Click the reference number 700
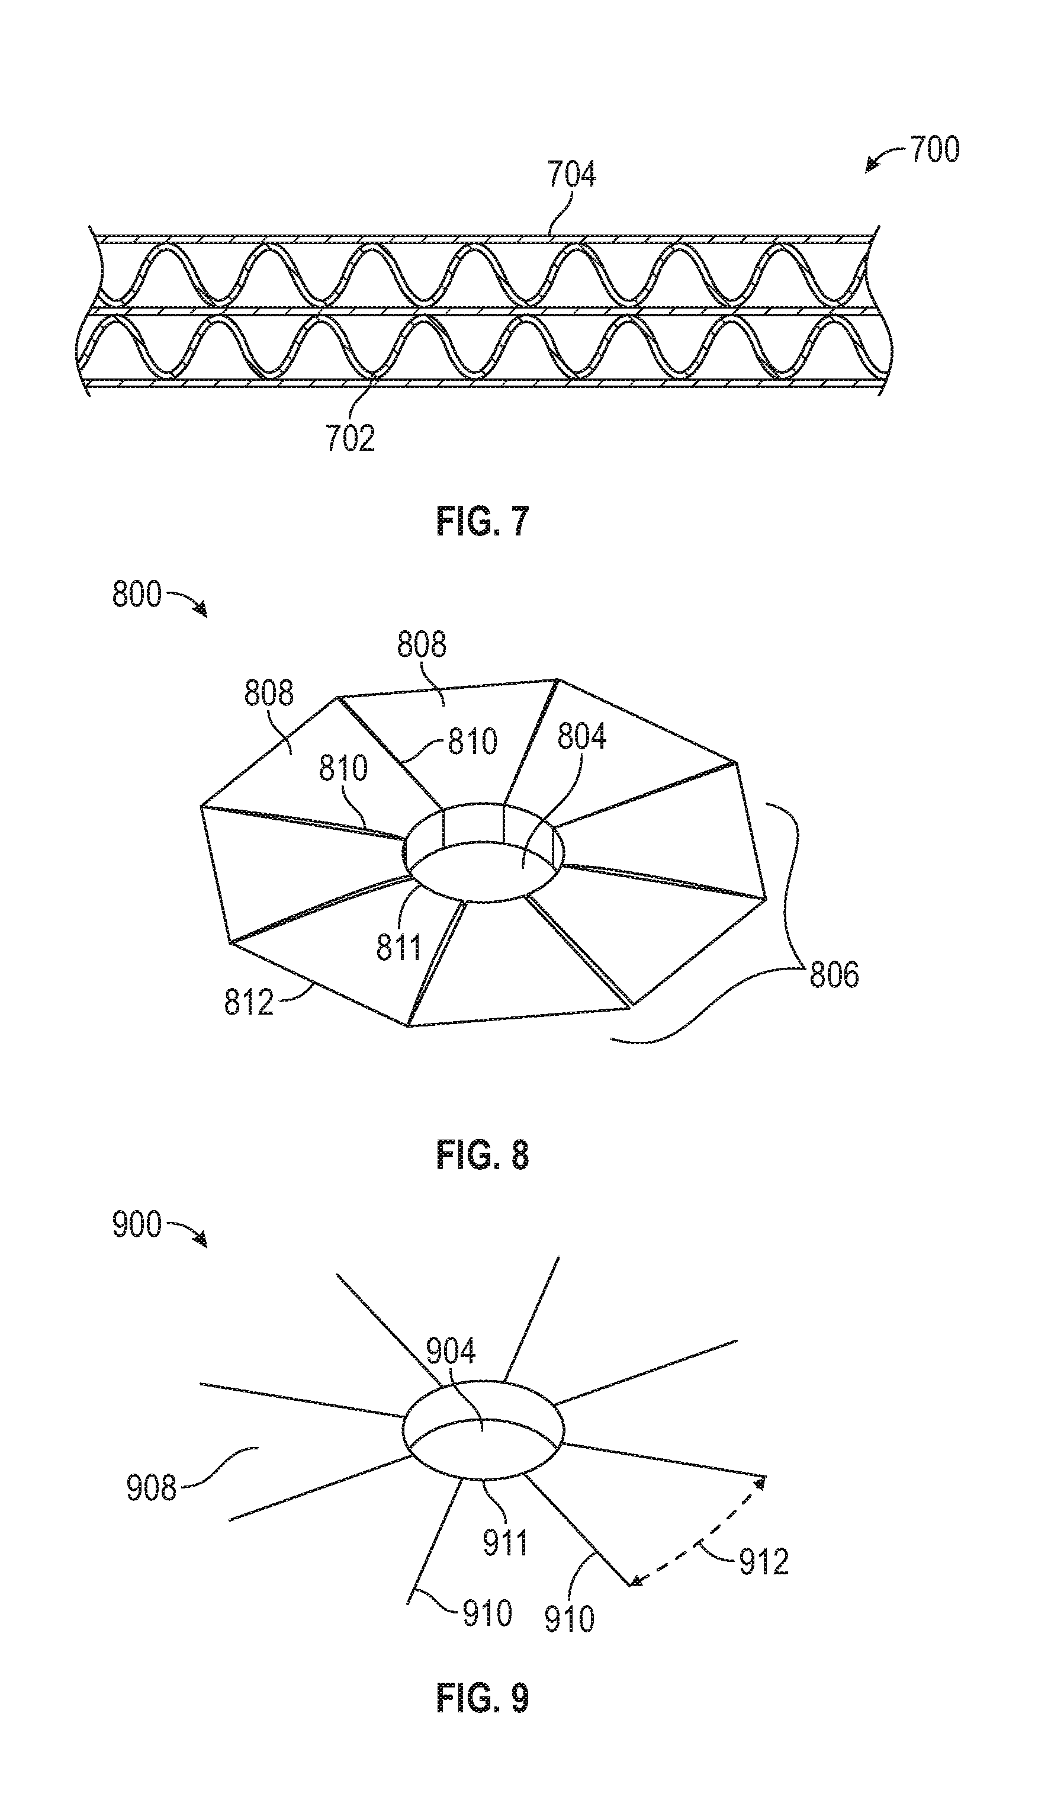934,150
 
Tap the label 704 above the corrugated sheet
571,174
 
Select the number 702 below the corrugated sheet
350,438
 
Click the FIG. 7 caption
483,522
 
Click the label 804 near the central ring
582,736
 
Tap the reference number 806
834,975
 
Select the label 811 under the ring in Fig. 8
399,947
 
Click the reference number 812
249,1003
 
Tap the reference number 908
152,1488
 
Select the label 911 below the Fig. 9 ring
506,1543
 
